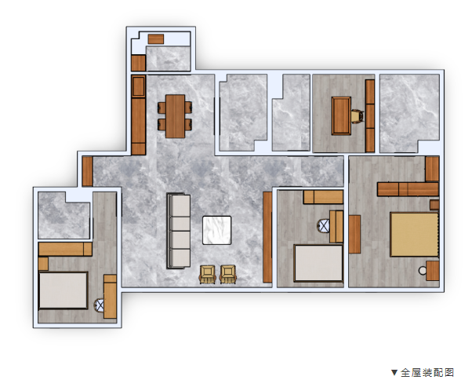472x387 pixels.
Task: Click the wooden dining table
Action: [175, 116]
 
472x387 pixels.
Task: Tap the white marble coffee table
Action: [216, 230]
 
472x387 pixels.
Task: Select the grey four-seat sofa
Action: [179, 231]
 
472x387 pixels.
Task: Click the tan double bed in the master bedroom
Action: [415, 235]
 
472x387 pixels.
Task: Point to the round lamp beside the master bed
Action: [423, 271]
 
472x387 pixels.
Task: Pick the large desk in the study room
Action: [341, 115]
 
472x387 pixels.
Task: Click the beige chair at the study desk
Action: [358, 116]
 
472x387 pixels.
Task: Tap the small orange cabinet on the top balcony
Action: [156, 39]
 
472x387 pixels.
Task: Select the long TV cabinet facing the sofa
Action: [267, 237]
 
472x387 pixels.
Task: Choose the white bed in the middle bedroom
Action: [318, 263]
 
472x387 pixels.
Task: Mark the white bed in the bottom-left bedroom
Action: [64, 290]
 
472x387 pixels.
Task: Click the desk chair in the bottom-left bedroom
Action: [99, 305]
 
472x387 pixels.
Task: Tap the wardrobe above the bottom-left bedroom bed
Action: [65, 250]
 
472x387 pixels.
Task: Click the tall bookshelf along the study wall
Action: [370, 115]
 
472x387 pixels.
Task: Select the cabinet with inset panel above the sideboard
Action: [139, 86]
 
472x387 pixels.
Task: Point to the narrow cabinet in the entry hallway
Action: [87, 171]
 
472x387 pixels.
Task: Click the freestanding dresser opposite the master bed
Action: [354, 234]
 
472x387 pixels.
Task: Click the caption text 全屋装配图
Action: [427, 373]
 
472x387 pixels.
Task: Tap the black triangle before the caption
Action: [394, 373]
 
